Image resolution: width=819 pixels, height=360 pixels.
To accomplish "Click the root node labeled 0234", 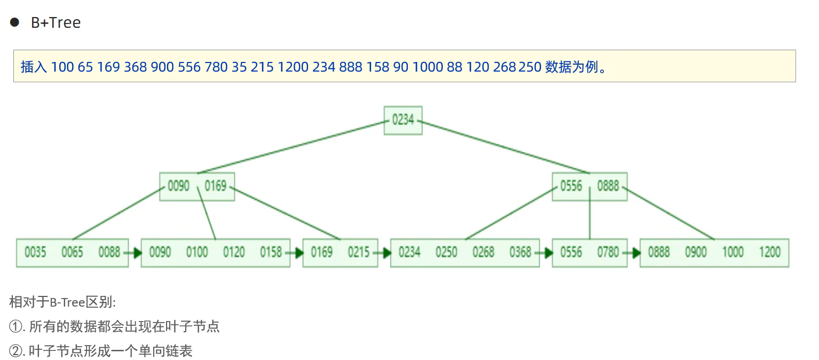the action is pyautogui.click(x=403, y=120).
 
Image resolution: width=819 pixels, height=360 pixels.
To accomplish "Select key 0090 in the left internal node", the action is pyautogui.click(x=178, y=186).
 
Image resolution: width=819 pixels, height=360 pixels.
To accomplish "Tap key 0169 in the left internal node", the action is pyautogui.click(x=216, y=186).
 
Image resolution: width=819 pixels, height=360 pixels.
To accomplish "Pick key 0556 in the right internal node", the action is pyautogui.click(x=571, y=186).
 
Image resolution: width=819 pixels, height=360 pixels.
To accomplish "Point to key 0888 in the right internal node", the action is pyautogui.click(x=608, y=186).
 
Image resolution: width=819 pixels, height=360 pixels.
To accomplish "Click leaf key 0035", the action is pyautogui.click(x=35, y=252).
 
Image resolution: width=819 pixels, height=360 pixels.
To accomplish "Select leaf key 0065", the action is pyautogui.click(x=72, y=252).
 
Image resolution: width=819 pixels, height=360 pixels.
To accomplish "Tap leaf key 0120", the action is pyautogui.click(x=234, y=252).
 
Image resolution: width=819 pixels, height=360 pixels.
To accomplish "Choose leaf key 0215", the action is pyautogui.click(x=359, y=252).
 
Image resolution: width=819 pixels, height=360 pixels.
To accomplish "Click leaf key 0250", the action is pyautogui.click(x=446, y=252).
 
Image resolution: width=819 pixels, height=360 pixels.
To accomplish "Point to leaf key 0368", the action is pyautogui.click(x=520, y=252).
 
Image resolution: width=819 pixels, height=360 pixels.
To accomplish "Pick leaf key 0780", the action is pyautogui.click(x=608, y=252).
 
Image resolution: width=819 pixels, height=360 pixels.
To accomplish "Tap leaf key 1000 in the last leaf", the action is pyautogui.click(x=733, y=252).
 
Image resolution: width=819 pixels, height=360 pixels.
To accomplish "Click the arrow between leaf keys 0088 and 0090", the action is pyautogui.click(x=135, y=253).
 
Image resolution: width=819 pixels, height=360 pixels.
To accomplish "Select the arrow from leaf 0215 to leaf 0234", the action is pyautogui.click(x=384, y=253).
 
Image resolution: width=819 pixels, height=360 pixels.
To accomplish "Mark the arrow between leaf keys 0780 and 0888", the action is pyautogui.click(x=633, y=253).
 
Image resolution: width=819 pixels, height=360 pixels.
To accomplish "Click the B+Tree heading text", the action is pyautogui.click(x=56, y=22).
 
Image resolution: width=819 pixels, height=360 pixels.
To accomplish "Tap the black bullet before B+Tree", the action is pyautogui.click(x=15, y=22).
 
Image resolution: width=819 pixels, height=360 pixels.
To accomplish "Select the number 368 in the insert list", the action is pyautogui.click(x=136, y=67).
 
